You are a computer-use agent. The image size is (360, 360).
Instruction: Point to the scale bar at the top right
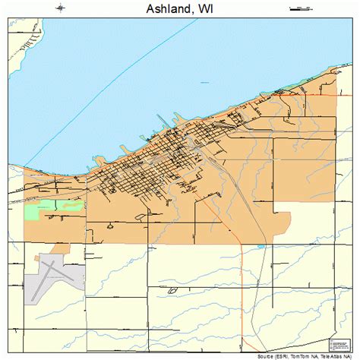tap(301, 8)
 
